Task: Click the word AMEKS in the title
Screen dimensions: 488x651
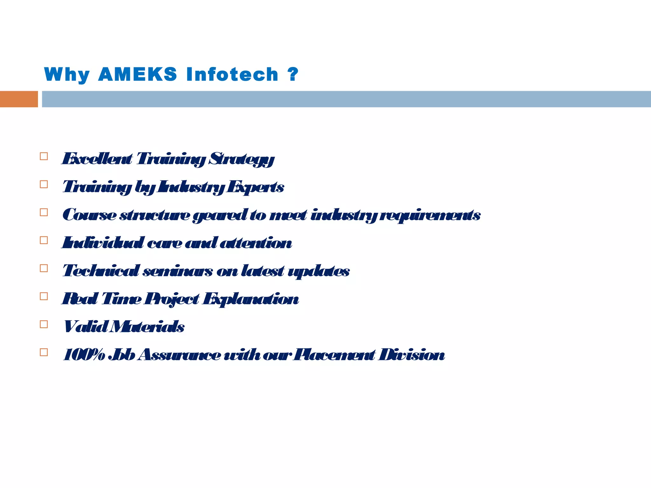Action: click(137, 74)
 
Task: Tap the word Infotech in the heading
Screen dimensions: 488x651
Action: click(232, 74)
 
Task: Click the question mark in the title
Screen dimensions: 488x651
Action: click(293, 74)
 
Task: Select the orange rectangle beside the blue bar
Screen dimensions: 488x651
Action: click(19, 99)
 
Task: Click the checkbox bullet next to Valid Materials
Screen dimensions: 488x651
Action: click(44, 324)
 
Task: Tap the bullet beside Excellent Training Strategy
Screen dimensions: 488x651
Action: click(44, 156)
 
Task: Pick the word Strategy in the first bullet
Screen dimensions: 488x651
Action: click(241, 159)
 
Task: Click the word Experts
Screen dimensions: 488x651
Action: click(255, 187)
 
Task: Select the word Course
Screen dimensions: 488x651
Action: click(89, 215)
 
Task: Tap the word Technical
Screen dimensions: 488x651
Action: click(101, 271)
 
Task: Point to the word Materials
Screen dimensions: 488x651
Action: click(147, 327)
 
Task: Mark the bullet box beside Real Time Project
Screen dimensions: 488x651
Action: click(44, 296)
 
